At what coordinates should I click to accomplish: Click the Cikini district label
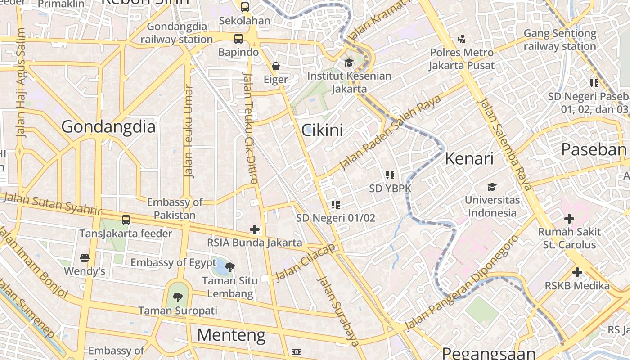322,130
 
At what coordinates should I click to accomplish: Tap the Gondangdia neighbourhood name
108,126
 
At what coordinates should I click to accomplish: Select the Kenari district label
469,158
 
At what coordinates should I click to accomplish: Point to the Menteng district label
231,335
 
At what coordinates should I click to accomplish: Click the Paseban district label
594,149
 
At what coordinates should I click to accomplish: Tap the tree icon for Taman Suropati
178,297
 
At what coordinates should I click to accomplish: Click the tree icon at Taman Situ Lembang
230,267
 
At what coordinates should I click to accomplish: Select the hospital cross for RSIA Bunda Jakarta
255,229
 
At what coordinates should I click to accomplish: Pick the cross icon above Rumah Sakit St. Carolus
569,219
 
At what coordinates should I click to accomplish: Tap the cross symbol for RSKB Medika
577,272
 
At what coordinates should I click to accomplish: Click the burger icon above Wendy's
85,258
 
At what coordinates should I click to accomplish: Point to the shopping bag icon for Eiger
276,67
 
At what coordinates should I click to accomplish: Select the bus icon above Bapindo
238,39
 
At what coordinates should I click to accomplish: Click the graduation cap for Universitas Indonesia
492,187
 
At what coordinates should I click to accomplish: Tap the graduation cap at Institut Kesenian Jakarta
349,63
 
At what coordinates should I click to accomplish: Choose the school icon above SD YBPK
390,175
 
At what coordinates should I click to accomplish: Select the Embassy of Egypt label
174,262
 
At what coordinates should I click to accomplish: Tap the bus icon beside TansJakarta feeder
126,220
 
